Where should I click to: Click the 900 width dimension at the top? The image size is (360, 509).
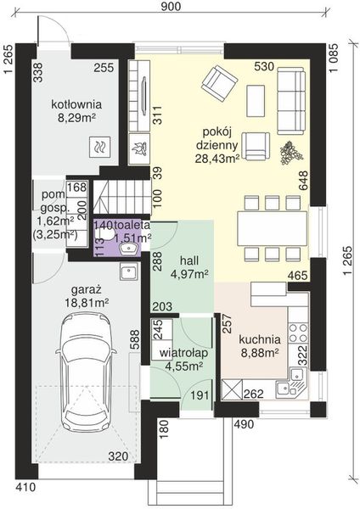tap(171, 6)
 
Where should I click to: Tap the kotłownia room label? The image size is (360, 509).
tap(76, 104)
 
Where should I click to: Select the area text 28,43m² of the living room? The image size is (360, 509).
tap(217, 158)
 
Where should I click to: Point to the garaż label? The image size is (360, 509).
tap(87, 289)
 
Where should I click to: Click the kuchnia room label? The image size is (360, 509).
tap(260, 339)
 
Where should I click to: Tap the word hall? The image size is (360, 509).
tap(189, 260)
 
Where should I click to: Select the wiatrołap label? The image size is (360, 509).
tap(184, 353)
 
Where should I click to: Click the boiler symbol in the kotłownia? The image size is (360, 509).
tap(99, 147)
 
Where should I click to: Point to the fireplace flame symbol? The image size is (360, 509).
tap(140, 148)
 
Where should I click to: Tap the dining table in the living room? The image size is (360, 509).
tap(273, 228)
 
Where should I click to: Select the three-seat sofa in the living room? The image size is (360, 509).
tap(291, 101)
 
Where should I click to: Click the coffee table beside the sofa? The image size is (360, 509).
tap(256, 101)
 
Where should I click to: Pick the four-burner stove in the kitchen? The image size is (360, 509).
tap(298, 332)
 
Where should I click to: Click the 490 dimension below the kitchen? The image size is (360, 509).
tap(244, 424)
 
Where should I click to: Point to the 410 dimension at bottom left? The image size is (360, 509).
tap(25, 488)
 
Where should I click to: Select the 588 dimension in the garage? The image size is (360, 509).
tap(135, 340)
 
